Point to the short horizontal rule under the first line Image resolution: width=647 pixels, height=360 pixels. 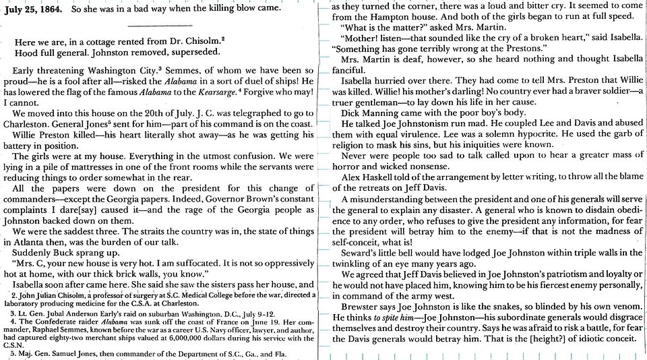[155, 26]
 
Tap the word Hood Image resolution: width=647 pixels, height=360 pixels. [26, 52]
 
